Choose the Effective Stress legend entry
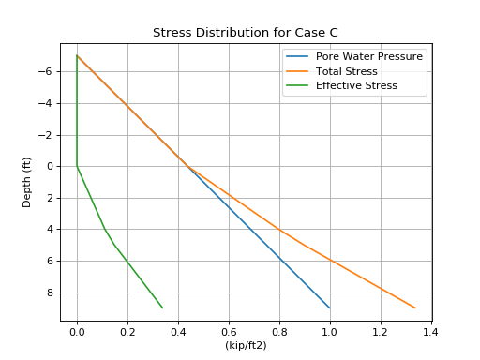(x=356, y=85)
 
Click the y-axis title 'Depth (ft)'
(x=27, y=181)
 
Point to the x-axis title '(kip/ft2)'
(x=246, y=345)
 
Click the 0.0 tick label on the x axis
(x=77, y=331)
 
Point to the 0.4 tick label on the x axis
(x=178, y=331)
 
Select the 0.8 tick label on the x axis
(x=279, y=331)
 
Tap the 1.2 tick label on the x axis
(x=381, y=331)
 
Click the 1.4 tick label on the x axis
(x=430, y=331)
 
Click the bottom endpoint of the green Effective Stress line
(x=162, y=307)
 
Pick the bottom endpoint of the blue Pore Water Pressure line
(x=329, y=307)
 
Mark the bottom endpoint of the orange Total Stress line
(x=415, y=307)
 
